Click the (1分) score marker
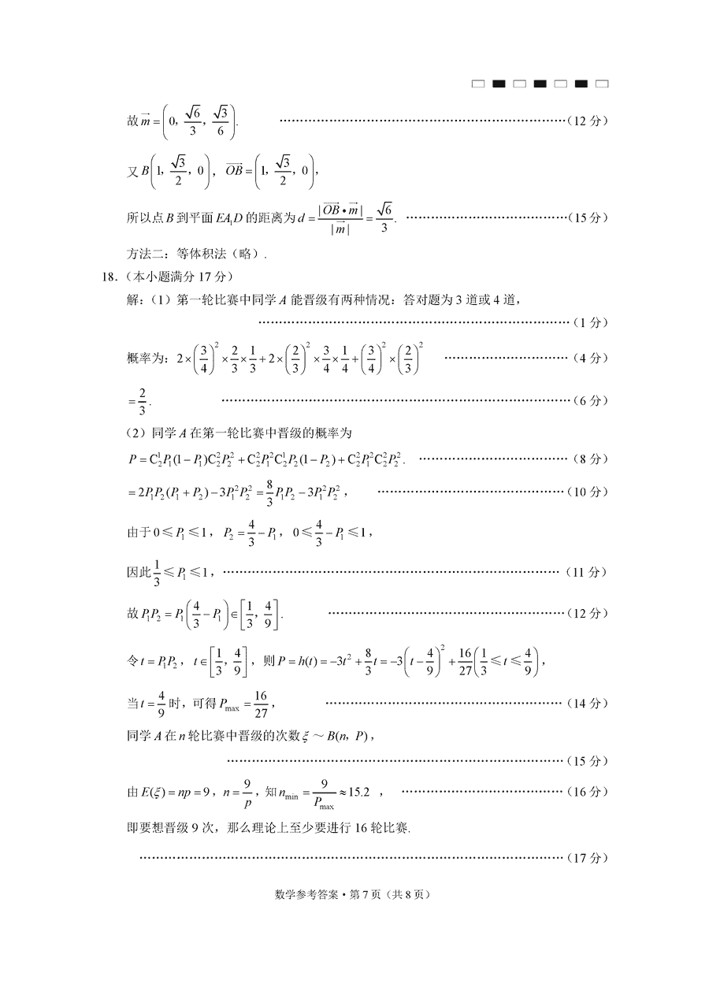(589, 322)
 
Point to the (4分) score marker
(589, 358)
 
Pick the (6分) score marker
(589, 400)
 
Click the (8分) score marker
(589, 459)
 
